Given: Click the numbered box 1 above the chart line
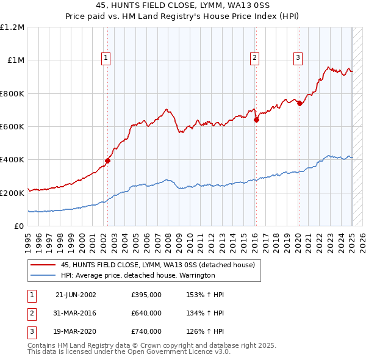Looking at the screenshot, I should [106, 58].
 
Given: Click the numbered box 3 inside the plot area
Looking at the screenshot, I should [298, 58].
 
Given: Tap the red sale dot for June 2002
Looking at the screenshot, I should [107, 160].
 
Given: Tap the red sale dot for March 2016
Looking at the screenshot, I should [256, 120].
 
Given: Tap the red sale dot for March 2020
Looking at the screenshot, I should [300, 104].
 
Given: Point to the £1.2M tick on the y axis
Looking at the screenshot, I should [12, 27].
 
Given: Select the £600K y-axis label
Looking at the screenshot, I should [12, 127].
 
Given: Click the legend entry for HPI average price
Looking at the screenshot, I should [138, 275].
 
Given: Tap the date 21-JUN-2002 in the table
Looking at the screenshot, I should [76, 295].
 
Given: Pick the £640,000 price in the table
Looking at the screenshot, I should [146, 314].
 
